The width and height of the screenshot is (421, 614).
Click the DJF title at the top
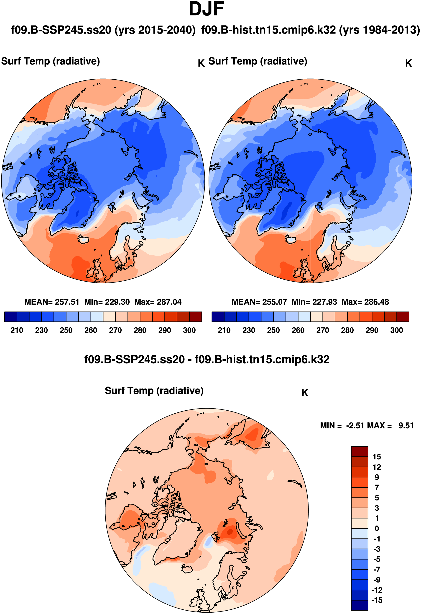point(206,9)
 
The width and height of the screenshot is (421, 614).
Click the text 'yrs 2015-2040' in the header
point(155,30)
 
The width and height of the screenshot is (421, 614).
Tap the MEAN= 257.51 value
point(52,302)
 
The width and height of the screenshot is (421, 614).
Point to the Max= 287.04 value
point(158,302)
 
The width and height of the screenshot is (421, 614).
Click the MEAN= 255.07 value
point(259,302)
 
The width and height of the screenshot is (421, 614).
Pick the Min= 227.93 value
point(314,302)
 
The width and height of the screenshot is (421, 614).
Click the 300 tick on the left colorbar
point(189,330)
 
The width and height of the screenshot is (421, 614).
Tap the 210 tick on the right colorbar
point(224,330)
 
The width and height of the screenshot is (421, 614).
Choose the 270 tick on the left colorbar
point(115,330)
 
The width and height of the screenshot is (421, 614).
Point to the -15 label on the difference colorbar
point(376,600)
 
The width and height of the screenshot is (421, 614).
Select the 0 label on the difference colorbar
point(377,529)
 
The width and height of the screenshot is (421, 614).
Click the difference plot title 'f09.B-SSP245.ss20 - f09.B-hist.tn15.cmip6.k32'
point(207,360)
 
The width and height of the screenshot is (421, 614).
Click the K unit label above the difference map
point(305,393)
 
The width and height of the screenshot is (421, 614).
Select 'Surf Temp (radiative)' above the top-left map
point(51,61)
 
